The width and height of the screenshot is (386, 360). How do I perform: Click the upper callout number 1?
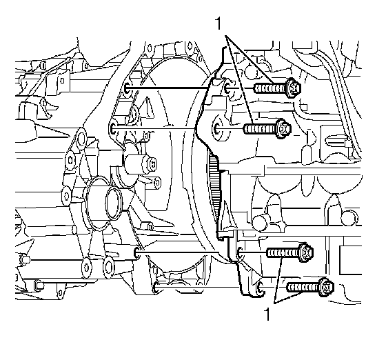tap(218, 23)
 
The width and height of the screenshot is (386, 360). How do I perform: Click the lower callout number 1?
tap(267, 314)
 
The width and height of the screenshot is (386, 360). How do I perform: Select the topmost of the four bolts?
tap(277, 88)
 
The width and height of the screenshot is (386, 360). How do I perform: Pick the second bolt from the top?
tap(267, 129)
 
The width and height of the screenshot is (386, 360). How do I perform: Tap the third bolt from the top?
tap(290, 252)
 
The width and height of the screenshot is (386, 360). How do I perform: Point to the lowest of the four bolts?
tap(310, 287)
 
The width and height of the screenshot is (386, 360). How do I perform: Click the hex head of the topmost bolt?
tap(294, 88)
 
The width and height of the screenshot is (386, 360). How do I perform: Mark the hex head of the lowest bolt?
tap(327, 287)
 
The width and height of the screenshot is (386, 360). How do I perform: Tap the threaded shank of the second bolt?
tap(261, 129)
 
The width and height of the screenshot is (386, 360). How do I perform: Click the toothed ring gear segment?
tap(214, 187)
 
